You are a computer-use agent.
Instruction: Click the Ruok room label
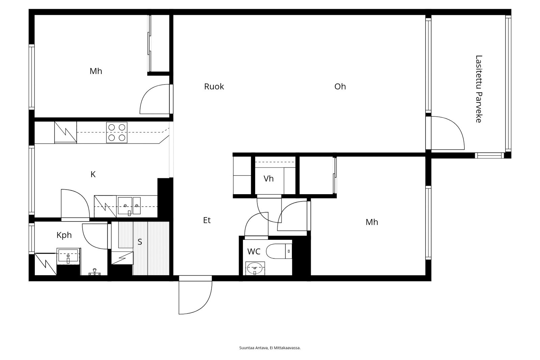(x=214, y=86)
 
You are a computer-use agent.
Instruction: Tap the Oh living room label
(x=340, y=86)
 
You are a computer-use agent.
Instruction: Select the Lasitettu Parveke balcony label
(x=479, y=89)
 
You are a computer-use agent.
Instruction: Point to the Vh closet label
(x=268, y=179)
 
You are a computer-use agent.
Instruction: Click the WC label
(x=253, y=251)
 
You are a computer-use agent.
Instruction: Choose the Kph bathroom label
(x=64, y=235)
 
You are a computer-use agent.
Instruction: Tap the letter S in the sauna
(x=140, y=242)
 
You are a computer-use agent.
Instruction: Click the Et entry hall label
(x=207, y=220)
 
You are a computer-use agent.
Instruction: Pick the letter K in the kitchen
(x=93, y=174)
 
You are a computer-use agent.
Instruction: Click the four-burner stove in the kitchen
(x=117, y=132)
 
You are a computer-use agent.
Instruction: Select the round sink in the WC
(x=255, y=268)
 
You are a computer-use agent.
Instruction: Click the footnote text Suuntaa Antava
(x=253, y=348)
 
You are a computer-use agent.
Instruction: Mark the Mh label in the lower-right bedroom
(x=372, y=222)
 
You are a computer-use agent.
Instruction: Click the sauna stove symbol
(x=122, y=258)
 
